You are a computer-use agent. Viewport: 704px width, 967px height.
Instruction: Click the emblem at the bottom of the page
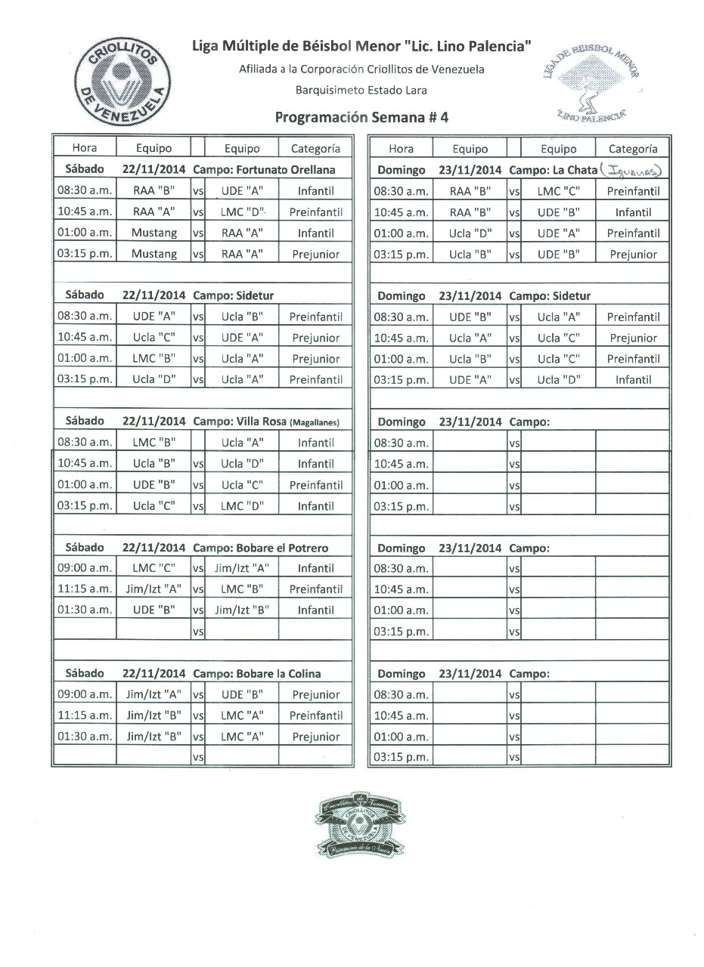pos(358,825)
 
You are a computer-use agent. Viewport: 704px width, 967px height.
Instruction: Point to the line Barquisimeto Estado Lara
pos(361,90)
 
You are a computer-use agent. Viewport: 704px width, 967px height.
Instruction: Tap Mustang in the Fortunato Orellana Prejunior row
pos(154,255)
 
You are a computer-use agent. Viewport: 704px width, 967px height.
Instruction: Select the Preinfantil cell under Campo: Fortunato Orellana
pos(315,212)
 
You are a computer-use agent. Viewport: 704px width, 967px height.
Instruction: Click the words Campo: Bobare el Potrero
pos(260,548)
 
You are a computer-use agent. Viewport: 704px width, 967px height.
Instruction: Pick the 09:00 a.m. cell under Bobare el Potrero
pos(85,568)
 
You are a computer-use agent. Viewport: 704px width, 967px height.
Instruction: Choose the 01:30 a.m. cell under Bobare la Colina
pos(85,737)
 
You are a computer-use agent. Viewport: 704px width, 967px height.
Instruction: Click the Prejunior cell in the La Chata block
pos(633,255)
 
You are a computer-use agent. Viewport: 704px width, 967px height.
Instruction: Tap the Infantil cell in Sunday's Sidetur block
pos(633,379)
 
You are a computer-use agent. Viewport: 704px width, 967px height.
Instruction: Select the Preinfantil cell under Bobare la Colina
pos(315,715)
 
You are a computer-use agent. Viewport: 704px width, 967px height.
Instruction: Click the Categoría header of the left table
pos(315,149)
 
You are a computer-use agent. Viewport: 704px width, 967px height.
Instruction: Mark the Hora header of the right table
pos(401,149)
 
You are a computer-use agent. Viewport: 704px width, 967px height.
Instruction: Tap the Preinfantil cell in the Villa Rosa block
pos(315,485)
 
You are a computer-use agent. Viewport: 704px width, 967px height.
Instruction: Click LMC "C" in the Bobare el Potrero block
pos(154,568)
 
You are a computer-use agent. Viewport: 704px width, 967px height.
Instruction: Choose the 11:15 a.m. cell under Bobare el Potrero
pos(85,589)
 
